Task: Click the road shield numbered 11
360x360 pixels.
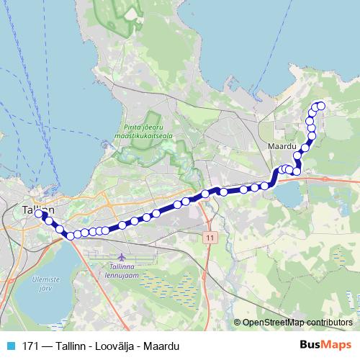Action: click(209, 236)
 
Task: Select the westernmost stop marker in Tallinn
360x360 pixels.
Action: click(39, 214)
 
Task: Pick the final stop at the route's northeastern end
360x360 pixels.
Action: click(321, 107)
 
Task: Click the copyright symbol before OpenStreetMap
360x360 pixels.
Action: click(238, 323)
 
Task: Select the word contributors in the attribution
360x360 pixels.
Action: click(328, 323)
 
